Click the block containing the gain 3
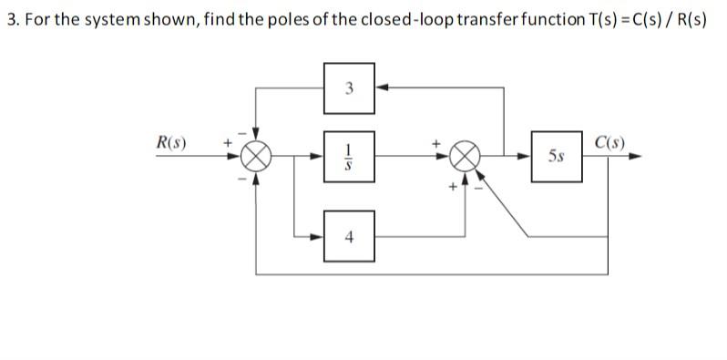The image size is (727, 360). pos(349,87)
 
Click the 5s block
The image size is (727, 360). pos(557,156)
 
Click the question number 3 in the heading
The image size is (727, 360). pos(11,20)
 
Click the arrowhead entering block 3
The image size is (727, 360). pos(381,87)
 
